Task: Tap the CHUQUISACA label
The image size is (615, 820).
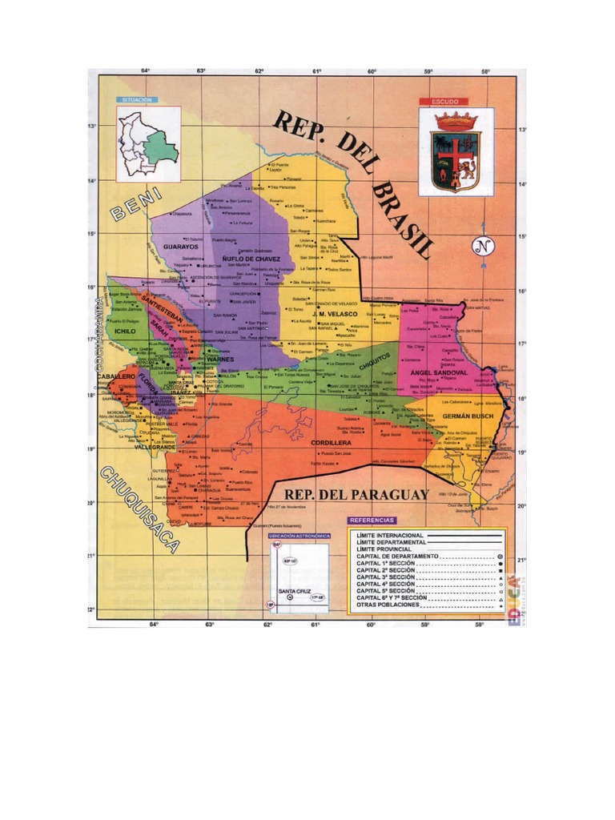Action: pyautogui.click(x=139, y=509)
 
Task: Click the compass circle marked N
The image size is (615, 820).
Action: pyautogui.click(x=482, y=247)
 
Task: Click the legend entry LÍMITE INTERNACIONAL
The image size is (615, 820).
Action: pyautogui.click(x=391, y=534)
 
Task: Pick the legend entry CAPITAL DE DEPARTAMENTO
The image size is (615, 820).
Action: pyautogui.click(x=397, y=555)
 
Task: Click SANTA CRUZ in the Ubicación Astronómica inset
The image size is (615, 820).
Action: pyautogui.click(x=293, y=592)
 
